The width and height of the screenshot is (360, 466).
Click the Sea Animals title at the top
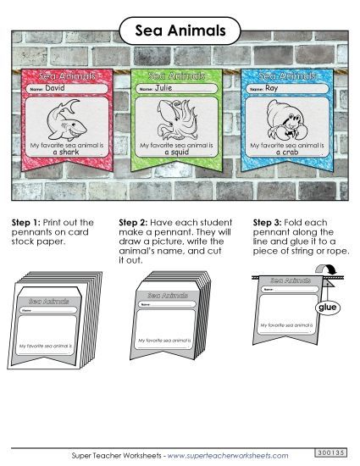(x=180, y=31)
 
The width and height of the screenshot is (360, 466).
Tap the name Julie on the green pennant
(x=164, y=87)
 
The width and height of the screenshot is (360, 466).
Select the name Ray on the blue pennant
(x=271, y=87)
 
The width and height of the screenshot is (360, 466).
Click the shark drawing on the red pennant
(x=64, y=118)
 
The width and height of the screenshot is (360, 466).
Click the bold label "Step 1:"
(x=26, y=223)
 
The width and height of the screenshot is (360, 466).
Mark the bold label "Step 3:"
(x=269, y=223)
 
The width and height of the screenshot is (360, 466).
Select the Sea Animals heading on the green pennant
(x=178, y=76)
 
